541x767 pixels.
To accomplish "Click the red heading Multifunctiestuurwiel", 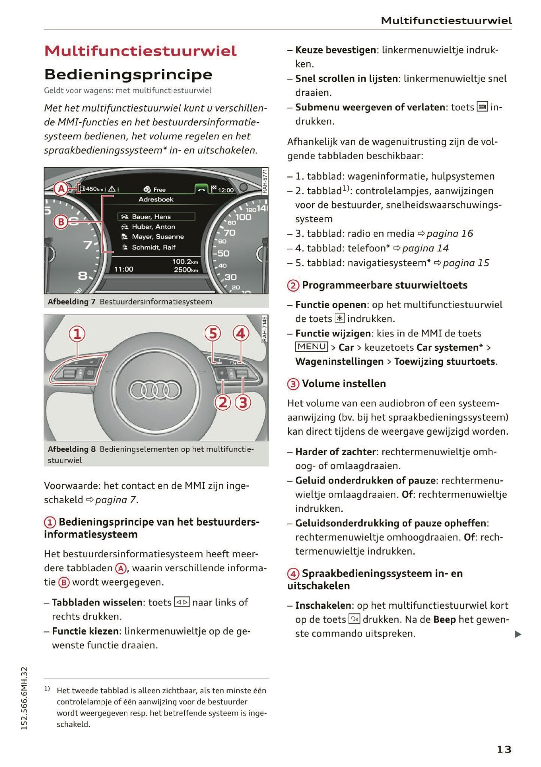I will [140, 51].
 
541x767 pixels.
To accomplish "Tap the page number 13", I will [504, 749].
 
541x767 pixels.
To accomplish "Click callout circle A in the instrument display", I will [61, 189].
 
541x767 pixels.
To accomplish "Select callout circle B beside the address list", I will [61, 221].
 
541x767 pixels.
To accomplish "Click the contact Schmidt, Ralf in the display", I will [153, 247].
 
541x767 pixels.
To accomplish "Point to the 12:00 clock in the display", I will [226, 190].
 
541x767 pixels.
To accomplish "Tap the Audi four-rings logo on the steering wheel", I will [155, 390].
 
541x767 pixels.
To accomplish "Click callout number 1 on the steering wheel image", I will [78, 334].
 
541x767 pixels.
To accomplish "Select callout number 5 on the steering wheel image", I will [213, 333].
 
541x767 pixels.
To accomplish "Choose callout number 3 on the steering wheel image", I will [243, 402].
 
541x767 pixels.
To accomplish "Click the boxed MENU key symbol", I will [312, 347].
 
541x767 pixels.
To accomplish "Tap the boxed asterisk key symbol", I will [340, 318].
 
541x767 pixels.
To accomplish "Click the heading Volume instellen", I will [344, 384].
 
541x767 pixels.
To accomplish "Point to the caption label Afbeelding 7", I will [72, 302].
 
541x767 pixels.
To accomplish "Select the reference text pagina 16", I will [450, 233].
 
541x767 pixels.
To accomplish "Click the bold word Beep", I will [444, 619].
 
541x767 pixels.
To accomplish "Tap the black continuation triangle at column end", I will [518, 634].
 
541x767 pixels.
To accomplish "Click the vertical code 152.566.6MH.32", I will [25, 698].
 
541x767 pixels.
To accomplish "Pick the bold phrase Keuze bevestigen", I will [335, 50].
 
